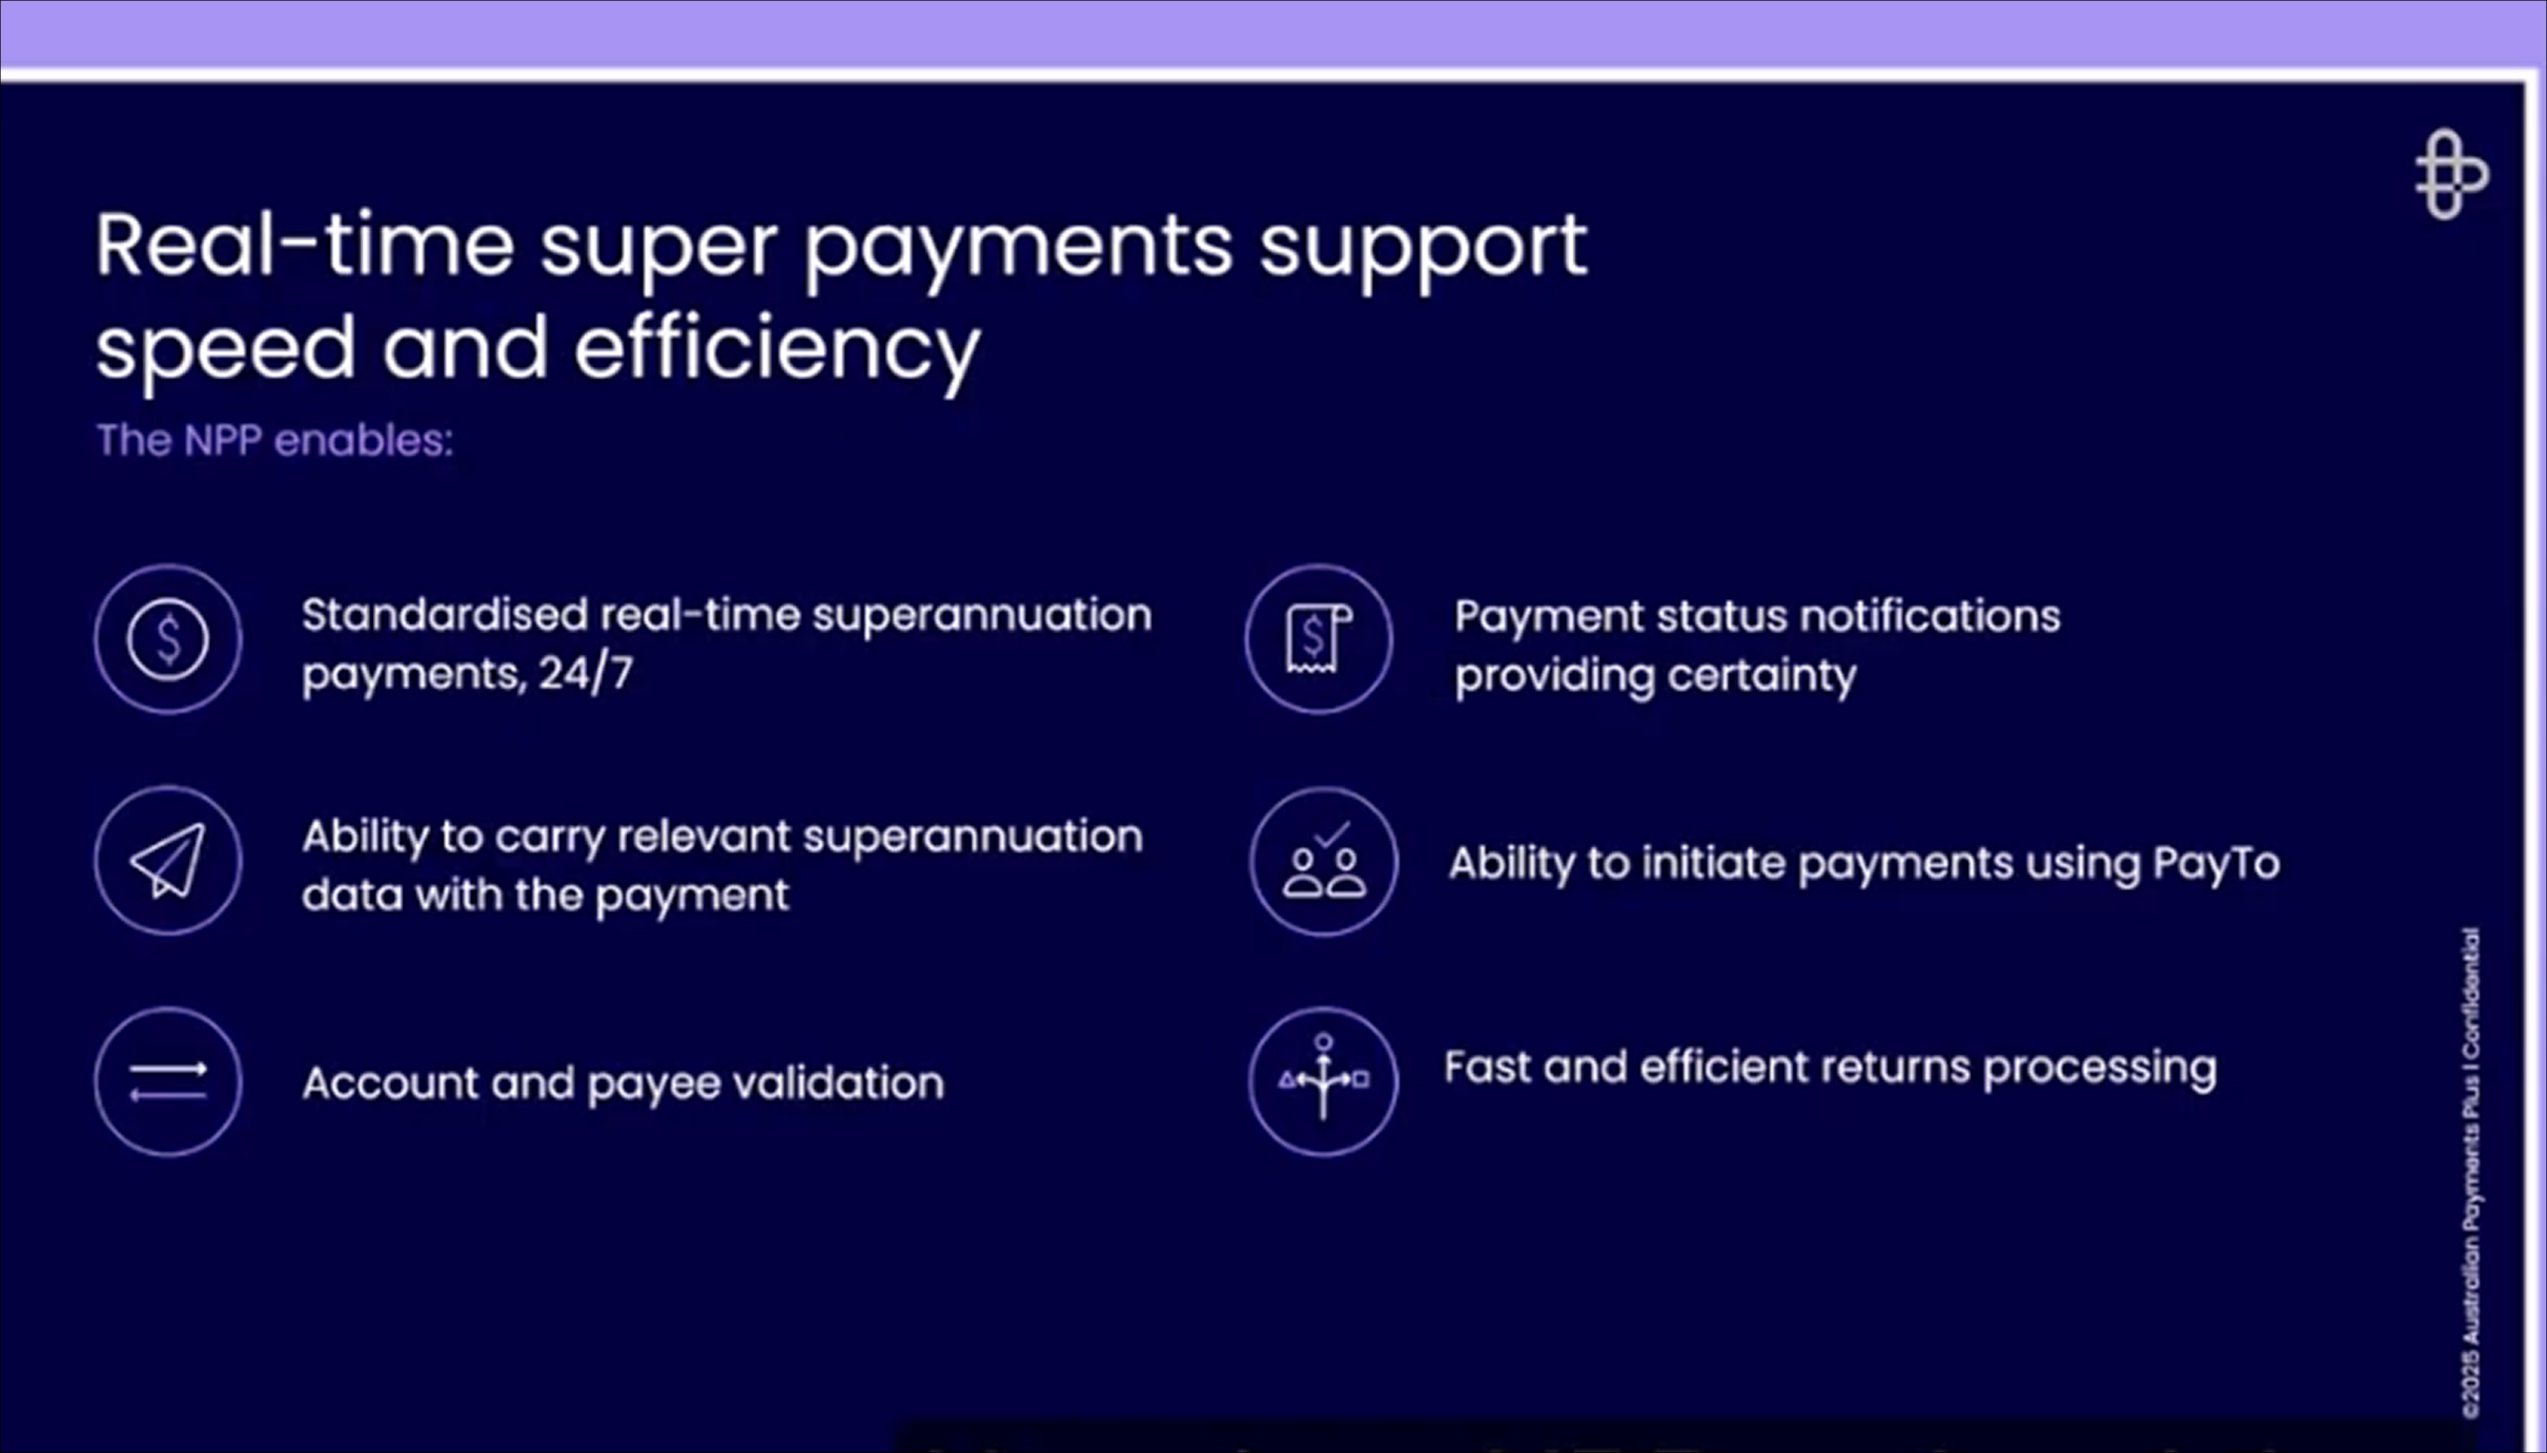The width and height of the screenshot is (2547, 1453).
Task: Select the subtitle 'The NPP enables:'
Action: pos(275,440)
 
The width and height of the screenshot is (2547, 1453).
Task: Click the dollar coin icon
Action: pos(168,639)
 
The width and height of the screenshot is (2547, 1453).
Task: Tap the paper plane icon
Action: pos(168,860)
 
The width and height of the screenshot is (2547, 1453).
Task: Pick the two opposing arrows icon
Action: pos(168,1082)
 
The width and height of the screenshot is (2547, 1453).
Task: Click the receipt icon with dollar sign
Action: pos(1319,639)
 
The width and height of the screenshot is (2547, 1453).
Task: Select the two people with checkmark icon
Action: pos(1324,861)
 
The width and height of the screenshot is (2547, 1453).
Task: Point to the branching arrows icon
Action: pos(1323,1082)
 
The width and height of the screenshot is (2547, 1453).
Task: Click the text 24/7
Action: pos(586,674)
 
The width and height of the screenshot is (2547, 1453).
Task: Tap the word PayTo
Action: pos(2216,863)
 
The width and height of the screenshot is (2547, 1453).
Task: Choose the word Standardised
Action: pos(445,615)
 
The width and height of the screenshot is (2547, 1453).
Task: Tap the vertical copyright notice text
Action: pos(2470,1172)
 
